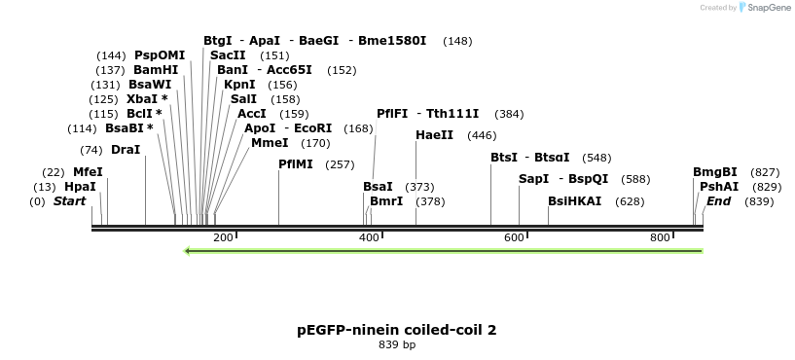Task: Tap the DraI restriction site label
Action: point(126,150)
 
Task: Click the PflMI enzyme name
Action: point(296,164)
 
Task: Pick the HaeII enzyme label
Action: point(435,135)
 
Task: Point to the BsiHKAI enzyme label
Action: point(574,201)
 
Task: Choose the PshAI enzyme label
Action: point(719,187)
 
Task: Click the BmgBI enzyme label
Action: point(715,172)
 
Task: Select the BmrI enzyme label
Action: point(386,201)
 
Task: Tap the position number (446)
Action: point(482,135)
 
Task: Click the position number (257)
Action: point(340,164)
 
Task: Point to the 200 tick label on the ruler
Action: point(222,238)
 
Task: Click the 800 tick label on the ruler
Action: point(660,238)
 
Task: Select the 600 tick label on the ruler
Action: point(514,238)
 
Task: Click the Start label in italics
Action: point(69,201)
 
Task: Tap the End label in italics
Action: point(718,201)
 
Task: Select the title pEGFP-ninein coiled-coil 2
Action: point(397,330)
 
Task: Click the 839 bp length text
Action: point(397,344)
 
